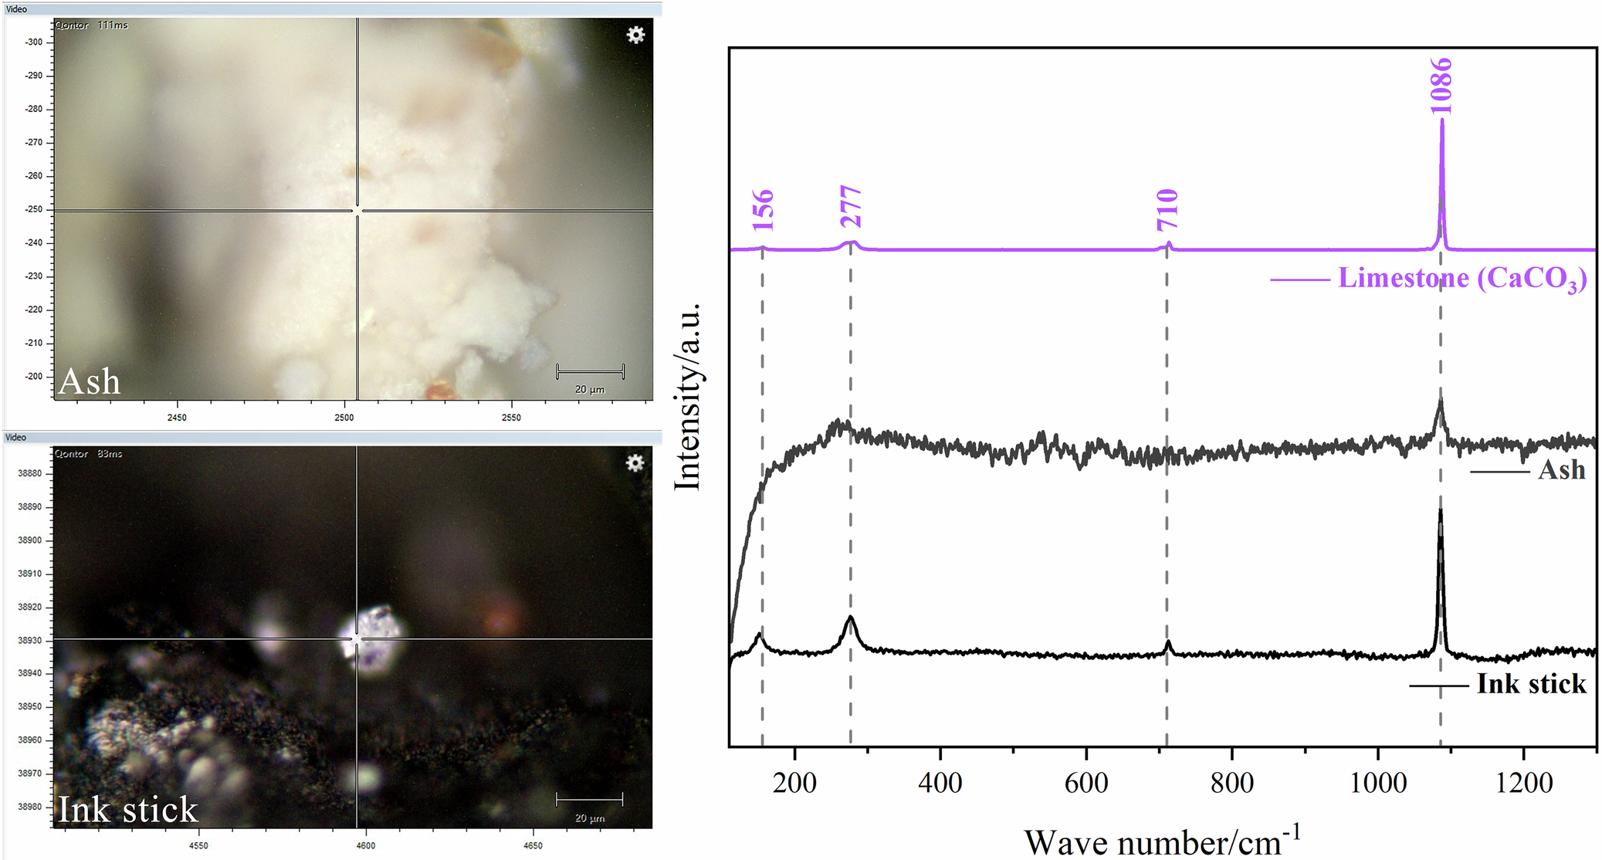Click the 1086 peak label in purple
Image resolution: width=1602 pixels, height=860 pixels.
(x=1441, y=86)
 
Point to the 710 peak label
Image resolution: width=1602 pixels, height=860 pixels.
(x=1167, y=209)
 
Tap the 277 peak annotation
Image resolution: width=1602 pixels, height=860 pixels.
(x=851, y=206)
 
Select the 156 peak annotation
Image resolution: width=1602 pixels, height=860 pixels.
(x=763, y=209)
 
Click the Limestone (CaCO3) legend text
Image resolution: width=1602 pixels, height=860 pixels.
(x=1461, y=279)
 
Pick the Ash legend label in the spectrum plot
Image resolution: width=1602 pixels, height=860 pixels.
(x=1561, y=470)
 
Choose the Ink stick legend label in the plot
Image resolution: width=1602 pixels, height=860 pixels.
(x=1531, y=684)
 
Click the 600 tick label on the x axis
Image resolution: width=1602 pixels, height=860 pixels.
(x=1085, y=783)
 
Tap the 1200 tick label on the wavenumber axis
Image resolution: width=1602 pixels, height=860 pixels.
(x=1523, y=783)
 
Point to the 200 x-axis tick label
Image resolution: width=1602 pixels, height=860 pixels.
(x=794, y=783)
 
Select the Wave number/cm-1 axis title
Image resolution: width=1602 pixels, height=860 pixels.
(x=1162, y=841)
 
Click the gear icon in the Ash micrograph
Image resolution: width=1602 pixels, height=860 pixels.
(x=635, y=35)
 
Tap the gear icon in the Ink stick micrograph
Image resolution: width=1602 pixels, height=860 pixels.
(x=635, y=463)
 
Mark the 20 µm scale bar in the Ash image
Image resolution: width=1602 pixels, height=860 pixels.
(x=590, y=372)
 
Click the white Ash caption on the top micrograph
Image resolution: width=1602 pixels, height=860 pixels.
(x=90, y=381)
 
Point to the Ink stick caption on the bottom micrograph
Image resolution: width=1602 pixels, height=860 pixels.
(x=128, y=809)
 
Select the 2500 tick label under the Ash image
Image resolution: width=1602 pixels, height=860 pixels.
(x=344, y=418)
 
